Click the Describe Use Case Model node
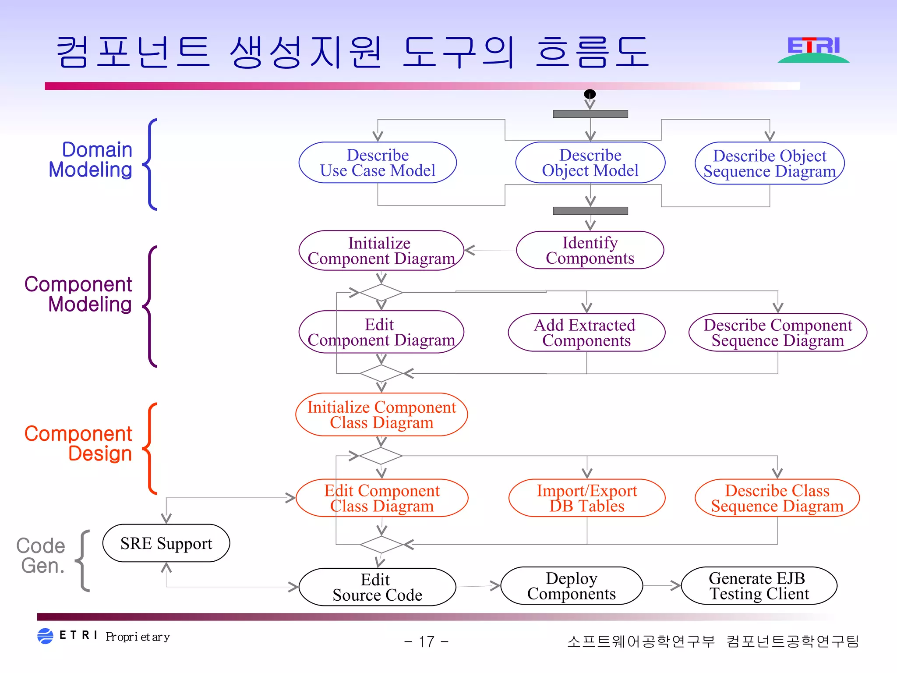[378, 163]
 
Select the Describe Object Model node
[590, 163]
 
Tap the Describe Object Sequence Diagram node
[770, 163]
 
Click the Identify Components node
[590, 250]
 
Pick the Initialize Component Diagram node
[381, 251]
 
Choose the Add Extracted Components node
[586, 333]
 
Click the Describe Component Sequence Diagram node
[777, 333]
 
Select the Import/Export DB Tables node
[587, 498]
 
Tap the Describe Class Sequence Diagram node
[777, 498]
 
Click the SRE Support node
[166, 543]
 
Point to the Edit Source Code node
[377, 587]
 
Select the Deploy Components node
[571, 586]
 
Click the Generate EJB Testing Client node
[759, 586]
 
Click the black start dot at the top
[590, 94]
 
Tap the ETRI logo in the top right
[813, 50]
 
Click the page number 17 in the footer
[426, 642]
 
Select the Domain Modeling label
[91, 159]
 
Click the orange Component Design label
[78, 443]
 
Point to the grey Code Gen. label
[41, 556]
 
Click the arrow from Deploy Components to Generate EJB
[662, 585]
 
